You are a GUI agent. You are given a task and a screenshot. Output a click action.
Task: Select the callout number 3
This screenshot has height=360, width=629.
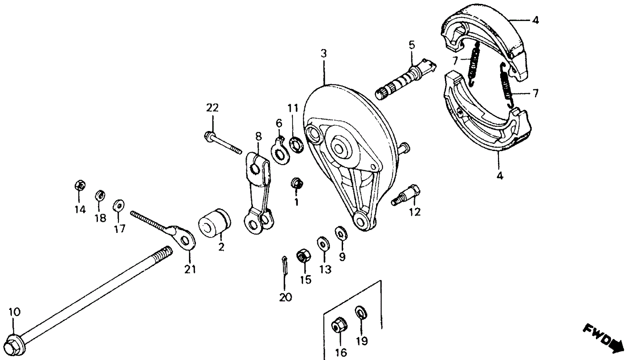(323, 54)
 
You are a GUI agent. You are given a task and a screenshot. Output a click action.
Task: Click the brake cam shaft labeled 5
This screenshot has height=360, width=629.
(403, 80)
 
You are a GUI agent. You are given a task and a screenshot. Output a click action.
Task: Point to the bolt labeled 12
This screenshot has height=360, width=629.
(408, 195)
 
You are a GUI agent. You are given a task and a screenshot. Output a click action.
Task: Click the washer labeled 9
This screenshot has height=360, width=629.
(340, 233)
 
